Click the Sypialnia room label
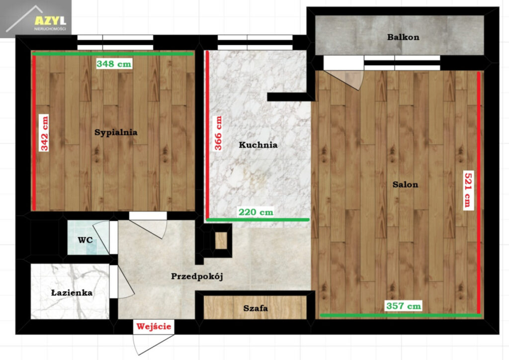[116, 132]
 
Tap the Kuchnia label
[258, 145]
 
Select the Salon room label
[405, 184]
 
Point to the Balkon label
[403, 37]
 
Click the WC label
[85, 240]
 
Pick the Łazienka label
[72, 292]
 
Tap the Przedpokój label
[197, 276]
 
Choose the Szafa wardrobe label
[255, 308]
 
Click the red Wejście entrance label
[154, 326]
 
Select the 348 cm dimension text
[114, 64]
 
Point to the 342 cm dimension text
[44, 133]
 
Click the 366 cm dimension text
[218, 133]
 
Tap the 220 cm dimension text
[256, 212]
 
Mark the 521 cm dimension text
[468, 190]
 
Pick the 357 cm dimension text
[404, 305]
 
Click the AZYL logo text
[50, 21]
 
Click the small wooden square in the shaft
[221, 241]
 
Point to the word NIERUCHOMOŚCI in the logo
[50, 29]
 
